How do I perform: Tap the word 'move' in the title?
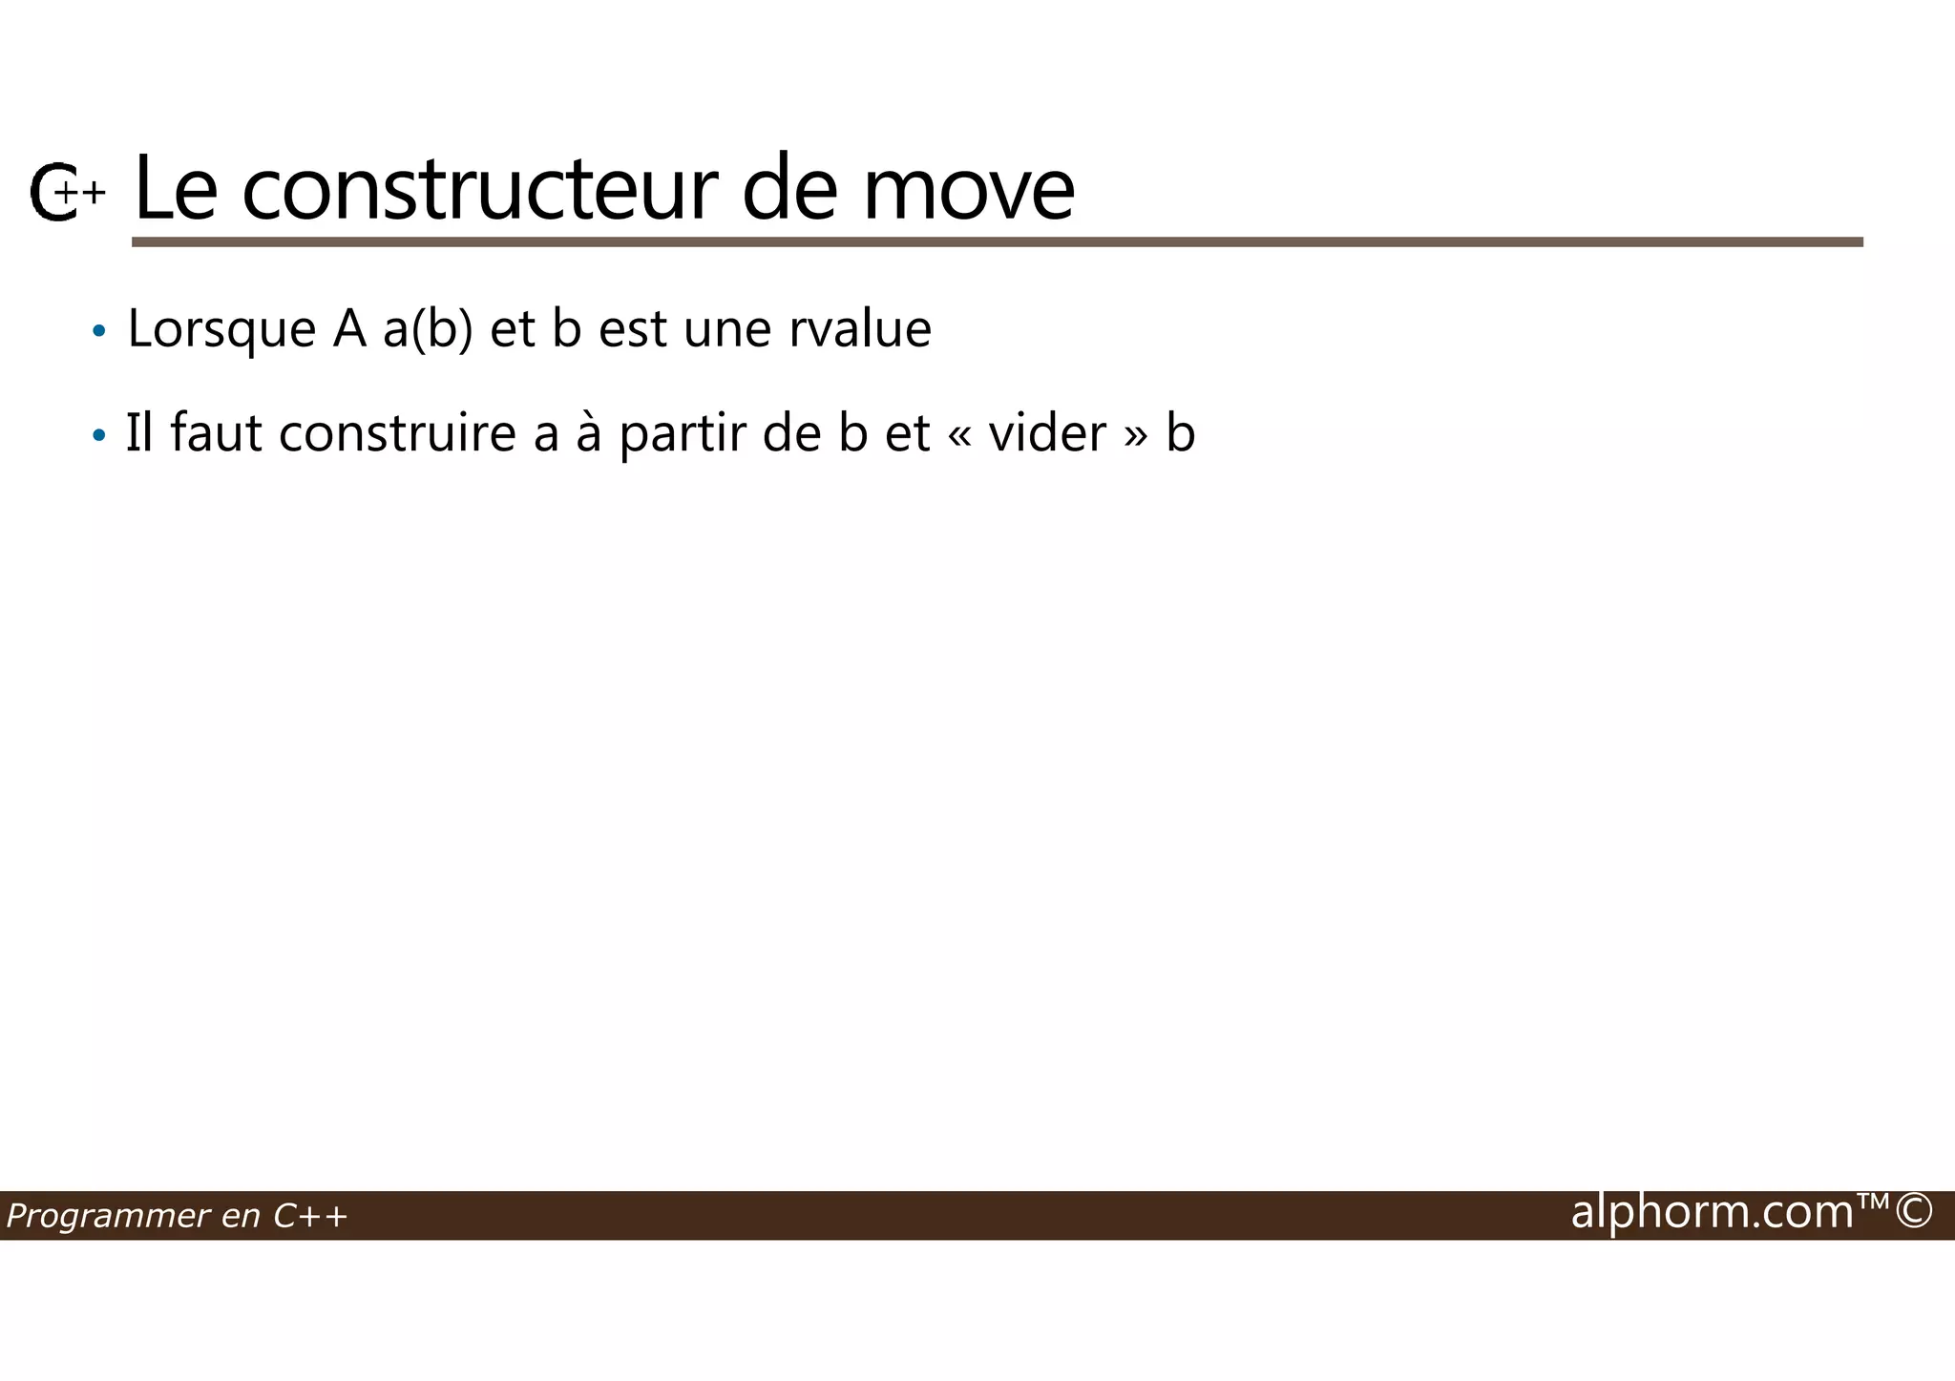pyautogui.click(x=968, y=191)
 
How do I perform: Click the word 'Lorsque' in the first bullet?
pyautogui.click(x=221, y=329)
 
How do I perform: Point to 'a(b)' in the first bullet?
pyautogui.click(x=428, y=329)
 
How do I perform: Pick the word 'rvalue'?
pyautogui.click(x=859, y=329)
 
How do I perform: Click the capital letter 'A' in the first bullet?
pyautogui.click(x=349, y=329)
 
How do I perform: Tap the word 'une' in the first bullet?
pyautogui.click(x=727, y=331)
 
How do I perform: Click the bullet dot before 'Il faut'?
pyautogui.click(x=98, y=436)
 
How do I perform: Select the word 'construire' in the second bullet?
pyautogui.click(x=397, y=433)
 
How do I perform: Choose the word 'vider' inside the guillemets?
pyautogui.click(x=1047, y=433)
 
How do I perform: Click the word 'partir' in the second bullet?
pyautogui.click(x=683, y=435)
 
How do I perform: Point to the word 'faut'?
pyautogui.click(x=216, y=433)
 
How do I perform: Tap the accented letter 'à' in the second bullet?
pyautogui.click(x=588, y=433)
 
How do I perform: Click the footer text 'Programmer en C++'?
pyautogui.click(x=177, y=1216)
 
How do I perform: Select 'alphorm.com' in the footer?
pyautogui.click(x=1712, y=1212)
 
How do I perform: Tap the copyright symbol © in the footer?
pyautogui.click(x=1914, y=1211)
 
